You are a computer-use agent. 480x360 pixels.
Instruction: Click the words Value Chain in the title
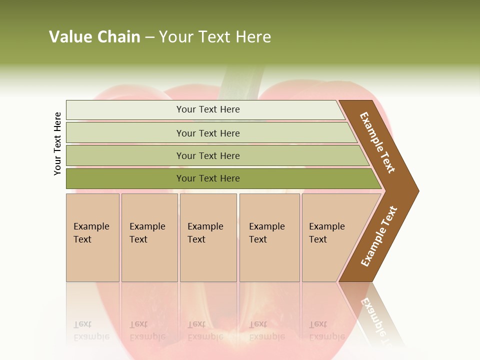coord(94,37)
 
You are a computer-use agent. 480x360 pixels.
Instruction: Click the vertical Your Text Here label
coord(57,143)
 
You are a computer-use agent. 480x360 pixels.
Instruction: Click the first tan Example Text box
coord(92,237)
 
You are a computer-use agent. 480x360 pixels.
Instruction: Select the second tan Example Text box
coord(149,237)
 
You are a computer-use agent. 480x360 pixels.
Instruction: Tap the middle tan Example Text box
coord(208,237)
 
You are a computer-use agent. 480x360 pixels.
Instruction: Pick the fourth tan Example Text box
coord(269,237)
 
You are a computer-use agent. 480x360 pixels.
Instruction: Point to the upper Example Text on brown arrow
coord(378,142)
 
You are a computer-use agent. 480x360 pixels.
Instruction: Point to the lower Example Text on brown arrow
coord(379,236)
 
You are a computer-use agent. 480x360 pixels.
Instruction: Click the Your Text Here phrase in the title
coord(215,37)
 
